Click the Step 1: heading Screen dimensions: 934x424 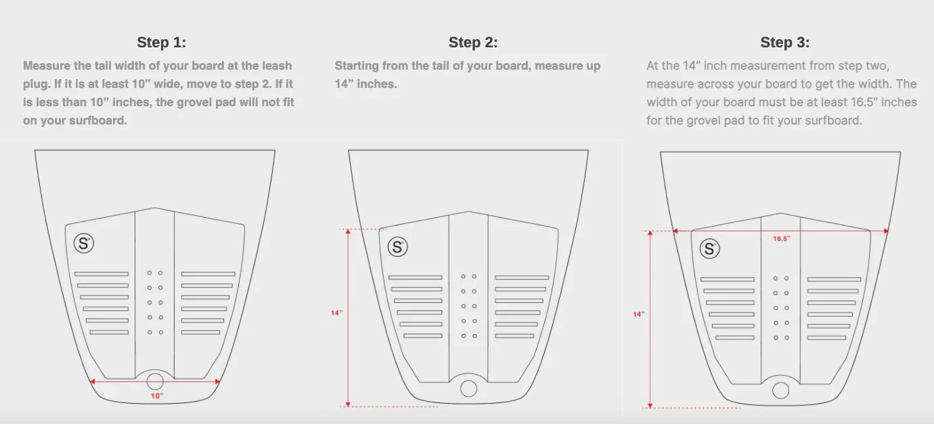pyautogui.click(x=161, y=43)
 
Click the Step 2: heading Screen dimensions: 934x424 pyautogui.click(x=473, y=43)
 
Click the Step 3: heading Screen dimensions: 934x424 pyautogui.click(x=784, y=43)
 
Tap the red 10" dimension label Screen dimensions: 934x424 pyautogui.click(x=157, y=396)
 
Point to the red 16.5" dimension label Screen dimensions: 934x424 pyautogui.click(x=782, y=239)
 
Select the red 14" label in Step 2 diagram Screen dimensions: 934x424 pyautogui.click(x=336, y=313)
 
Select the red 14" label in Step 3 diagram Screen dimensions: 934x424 pyautogui.click(x=638, y=314)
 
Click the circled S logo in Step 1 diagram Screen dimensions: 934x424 pyautogui.click(x=84, y=243)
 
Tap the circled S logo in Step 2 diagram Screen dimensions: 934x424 pyautogui.click(x=397, y=247)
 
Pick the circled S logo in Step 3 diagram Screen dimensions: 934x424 pyautogui.click(x=709, y=249)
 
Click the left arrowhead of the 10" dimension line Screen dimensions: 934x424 pyautogui.click(x=92, y=381)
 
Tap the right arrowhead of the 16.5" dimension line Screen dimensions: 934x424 pyautogui.click(x=886, y=231)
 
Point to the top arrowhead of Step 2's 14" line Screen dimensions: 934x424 pyautogui.click(x=348, y=231)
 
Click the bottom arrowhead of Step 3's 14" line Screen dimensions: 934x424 pyautogui.click(x=650, y=405)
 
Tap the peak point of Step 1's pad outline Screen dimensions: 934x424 pyautogui.click(x=155, y=208)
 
